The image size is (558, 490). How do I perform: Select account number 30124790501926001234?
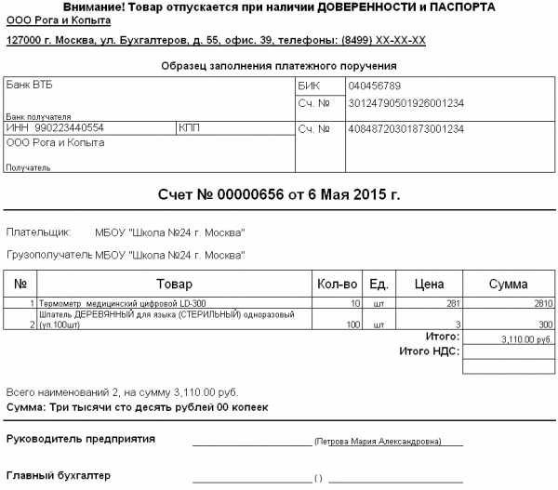(x=405, y=102)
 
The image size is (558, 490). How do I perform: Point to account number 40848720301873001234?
(x=405, y=128)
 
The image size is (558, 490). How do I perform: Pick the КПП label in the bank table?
(x=189, y=128)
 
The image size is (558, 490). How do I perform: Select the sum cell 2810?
(x=542, y=303)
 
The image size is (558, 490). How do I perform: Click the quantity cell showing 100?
(x=352, y=324)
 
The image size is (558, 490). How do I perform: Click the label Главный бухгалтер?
(x=59, y=475)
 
